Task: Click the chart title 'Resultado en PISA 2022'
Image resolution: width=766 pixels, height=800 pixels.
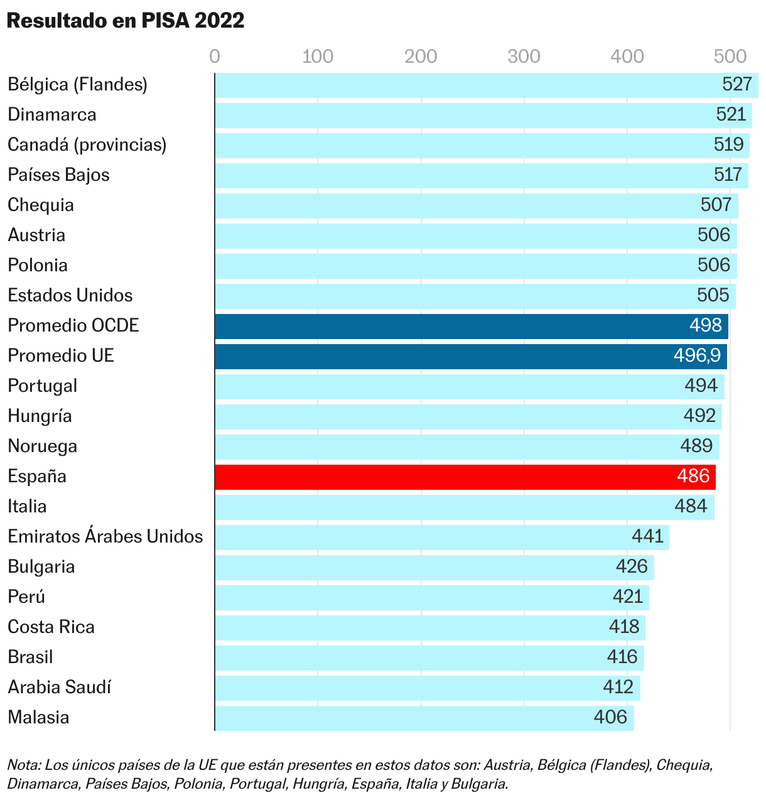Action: pyautogui.click(x=125, y=21)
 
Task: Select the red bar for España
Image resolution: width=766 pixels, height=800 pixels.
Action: pyautogui.click(x=465, y=477)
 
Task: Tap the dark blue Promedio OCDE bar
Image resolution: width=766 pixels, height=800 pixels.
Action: pyautogui.click(x=471, y=326)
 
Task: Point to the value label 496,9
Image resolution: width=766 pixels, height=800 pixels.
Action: pyautogui.click(x=697, y=356)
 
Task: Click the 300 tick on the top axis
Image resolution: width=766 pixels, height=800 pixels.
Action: pyautogui.click(x=524, y=57)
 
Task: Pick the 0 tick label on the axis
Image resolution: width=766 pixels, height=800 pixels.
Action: pyautogui.click(x=215, y=57)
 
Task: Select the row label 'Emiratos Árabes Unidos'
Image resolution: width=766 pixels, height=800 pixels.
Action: pyautogui.click(x=105, y=537)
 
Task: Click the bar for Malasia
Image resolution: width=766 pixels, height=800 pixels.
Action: pyautogui.click(x=424, y=718)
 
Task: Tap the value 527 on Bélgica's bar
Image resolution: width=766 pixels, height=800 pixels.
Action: pyautogui.click(x=736, y=85)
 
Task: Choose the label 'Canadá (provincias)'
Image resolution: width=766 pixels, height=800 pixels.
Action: pyautogui.click(x=87, y=145)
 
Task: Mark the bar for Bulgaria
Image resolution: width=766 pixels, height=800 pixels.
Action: pyautogui.click(x=434, y=567)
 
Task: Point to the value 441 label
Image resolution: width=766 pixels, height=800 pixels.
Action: pyautogui.click(x=647, y=537)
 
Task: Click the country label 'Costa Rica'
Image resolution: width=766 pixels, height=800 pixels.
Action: pyautogui.click(x=51, y=627)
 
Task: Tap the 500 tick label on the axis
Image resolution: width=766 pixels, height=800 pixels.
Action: pyautogui.click(x=730, y=57)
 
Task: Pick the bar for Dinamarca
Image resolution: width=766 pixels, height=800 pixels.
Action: pyautogui.click(x=483, y=115)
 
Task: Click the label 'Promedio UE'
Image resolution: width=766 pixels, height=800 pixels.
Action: pyautogui.click(x=61, y=356)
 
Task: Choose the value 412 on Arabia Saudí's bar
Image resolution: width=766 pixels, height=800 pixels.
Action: pyautogui.click(x=618, y=688)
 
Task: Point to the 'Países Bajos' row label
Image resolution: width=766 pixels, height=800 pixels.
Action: pyautogui.click(x=58, y=175)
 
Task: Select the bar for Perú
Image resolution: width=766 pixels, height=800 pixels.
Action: pyautogui.click(x=431, y=597)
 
